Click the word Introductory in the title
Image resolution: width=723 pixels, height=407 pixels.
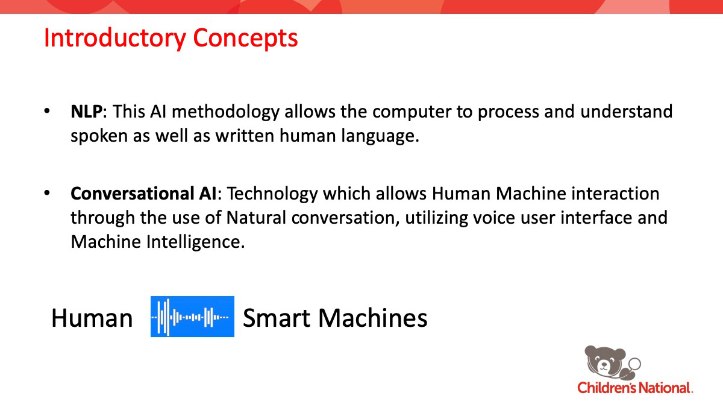click(x=114, y=39)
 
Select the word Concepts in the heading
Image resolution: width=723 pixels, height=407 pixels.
click(x=245, y=39)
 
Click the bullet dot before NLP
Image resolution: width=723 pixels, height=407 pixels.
click(x=47, y=111)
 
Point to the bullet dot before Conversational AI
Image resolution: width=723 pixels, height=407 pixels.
click(x=47, y=193)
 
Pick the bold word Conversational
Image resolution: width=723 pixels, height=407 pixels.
click(x=127, y=194)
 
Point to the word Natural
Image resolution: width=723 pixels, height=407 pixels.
click(x=256, y=218)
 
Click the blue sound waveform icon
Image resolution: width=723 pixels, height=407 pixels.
click(x=192, y=317)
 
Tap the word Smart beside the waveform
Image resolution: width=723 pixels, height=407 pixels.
click(x=277, y=318)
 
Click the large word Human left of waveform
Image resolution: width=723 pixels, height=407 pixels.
click(x=92, y=318)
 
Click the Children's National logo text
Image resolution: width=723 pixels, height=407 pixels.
click(x=635, y=388)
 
